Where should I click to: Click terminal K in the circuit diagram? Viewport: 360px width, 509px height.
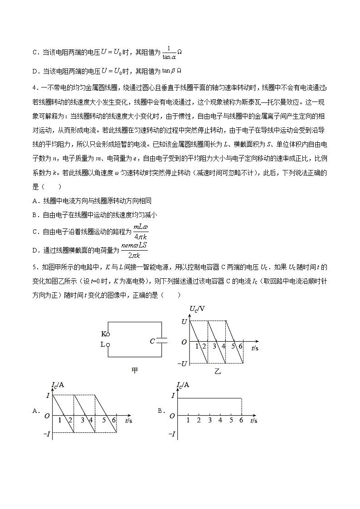(107, 334)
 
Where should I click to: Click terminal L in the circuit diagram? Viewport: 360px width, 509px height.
(107, 344)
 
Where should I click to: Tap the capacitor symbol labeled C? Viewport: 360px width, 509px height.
(162, 341)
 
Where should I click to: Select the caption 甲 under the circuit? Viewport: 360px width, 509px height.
(135, 370)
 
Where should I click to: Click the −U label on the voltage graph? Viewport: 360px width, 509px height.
(182, 364)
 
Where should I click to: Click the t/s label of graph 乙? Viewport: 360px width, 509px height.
(254, 348)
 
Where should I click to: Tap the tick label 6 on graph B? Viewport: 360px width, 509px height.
(241, 420)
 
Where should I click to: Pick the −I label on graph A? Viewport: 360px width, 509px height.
(46, 434)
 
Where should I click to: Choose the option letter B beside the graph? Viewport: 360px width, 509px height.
(160, 411)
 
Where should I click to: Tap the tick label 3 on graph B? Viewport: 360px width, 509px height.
(209, 420)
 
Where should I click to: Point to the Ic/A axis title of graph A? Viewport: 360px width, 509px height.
(58, 385)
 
